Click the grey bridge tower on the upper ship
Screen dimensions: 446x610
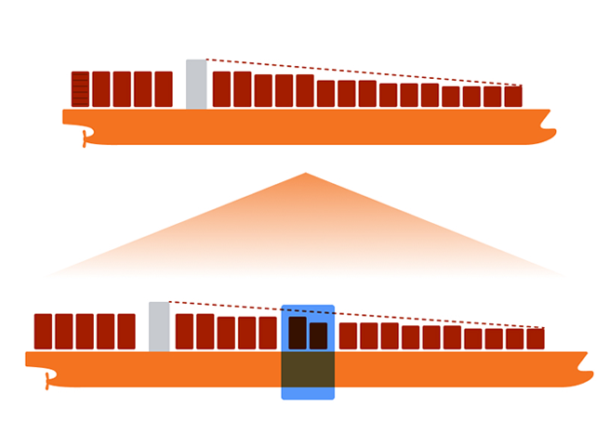coord(195,85)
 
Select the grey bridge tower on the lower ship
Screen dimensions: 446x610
coord(159,326)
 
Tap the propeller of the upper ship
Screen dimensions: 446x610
coord(85,139)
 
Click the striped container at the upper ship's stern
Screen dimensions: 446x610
coord(80,89)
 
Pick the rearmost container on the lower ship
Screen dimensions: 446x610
coord(43,332)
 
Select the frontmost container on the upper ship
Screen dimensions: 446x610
coord(513,97)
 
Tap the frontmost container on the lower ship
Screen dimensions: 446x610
coord(535,338)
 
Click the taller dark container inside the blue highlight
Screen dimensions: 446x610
coord(298,333)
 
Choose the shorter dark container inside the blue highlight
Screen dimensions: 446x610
coord(318,335)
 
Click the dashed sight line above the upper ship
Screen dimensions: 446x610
coord(363,72)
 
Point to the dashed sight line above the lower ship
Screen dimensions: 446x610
coord(353,314)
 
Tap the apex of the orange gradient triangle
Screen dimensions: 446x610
coord(304,175)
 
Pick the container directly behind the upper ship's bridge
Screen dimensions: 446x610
coord(164,89)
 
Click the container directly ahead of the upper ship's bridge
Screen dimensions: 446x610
coord(221,89)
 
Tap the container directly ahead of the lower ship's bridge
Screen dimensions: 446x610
coord(184,332)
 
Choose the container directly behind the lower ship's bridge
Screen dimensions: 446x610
coord(126,332)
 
